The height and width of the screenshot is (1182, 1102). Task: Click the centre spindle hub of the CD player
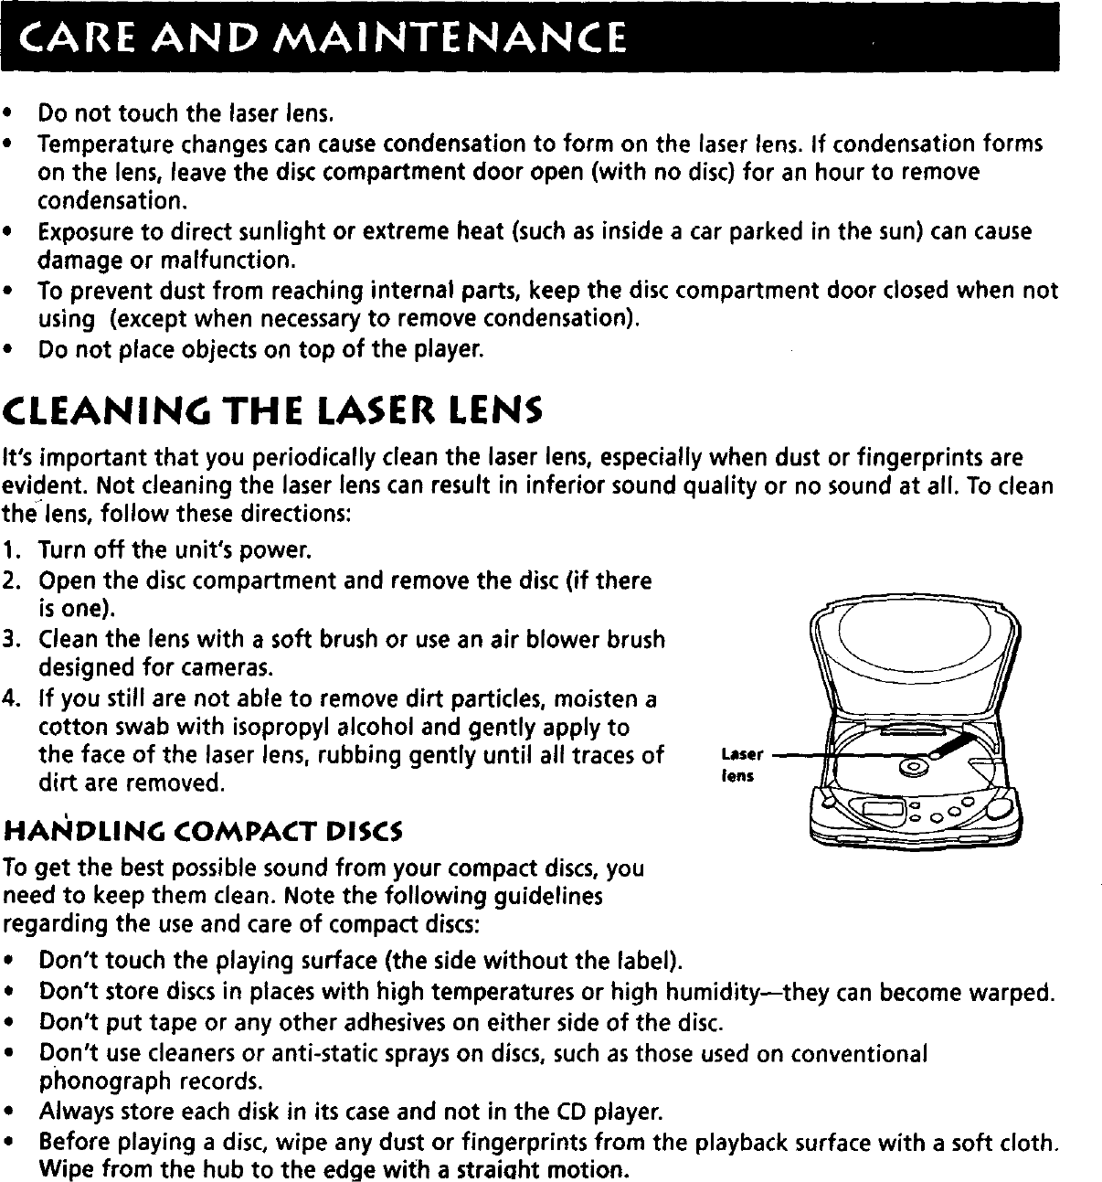(x=912, y=766)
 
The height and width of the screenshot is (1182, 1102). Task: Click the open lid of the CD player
(x=914, y=658)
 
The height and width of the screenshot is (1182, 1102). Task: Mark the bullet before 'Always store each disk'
(x=7, y=1113)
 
